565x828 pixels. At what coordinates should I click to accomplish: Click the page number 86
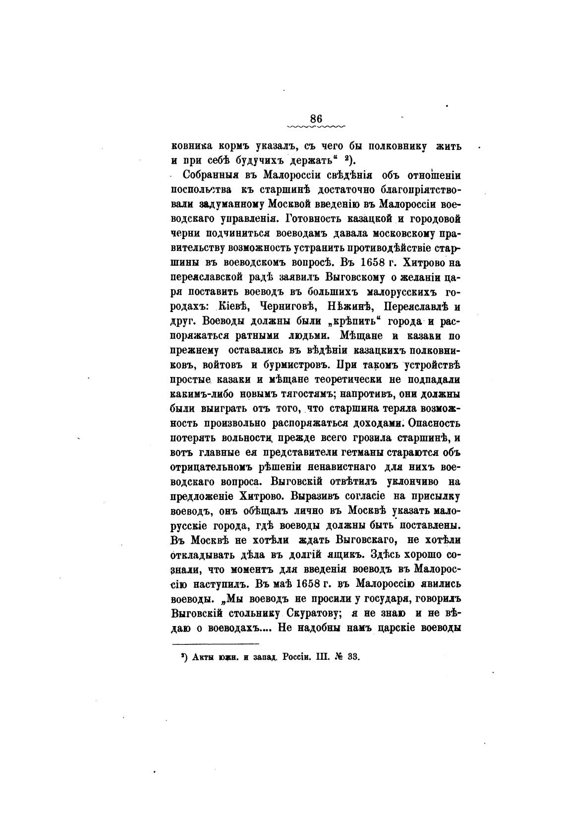(x=316, y=119)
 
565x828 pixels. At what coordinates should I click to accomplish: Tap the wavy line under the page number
(x=316, y=127)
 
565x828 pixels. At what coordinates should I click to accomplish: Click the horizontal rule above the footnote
(x=212, y=643)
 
